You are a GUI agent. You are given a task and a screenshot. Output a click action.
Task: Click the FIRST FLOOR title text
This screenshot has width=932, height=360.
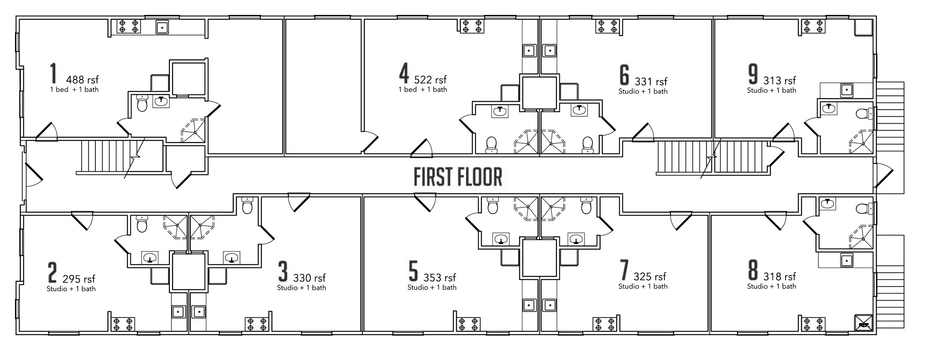(x=458, y=177)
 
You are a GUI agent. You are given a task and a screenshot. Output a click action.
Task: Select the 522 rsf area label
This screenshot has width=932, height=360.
(x=430, y=79)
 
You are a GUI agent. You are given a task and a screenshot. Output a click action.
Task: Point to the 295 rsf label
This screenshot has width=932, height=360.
(x=79, y=279)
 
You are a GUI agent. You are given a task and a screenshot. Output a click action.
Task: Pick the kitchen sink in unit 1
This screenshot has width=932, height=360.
(x=162, y=28)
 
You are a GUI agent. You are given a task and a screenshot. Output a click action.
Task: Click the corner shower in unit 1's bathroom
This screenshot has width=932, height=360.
(x=193, y=130)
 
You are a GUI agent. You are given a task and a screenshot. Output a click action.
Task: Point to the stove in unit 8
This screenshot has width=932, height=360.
(x=813, y=324)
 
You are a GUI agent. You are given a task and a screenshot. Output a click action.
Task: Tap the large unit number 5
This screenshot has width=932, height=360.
(x=413, y=271)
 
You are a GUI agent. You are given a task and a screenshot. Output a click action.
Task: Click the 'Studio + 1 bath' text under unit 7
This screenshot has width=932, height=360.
(x=643, y=286)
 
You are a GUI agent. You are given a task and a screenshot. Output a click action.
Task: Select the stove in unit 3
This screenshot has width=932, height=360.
(x=257, y=324)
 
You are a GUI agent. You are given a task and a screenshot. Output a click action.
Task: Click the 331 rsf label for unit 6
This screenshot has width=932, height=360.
(x=651, y=81)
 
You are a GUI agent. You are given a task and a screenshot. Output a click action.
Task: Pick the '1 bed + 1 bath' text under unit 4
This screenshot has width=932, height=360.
(x=423, y=89)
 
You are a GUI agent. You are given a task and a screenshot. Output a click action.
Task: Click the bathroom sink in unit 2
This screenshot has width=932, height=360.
(x=150, y=258)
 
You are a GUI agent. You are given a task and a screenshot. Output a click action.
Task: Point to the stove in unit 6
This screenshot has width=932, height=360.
(x=607, y=26)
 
